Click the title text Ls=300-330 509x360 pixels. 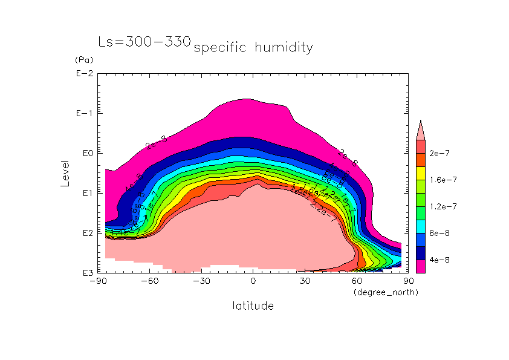tap(144, 42)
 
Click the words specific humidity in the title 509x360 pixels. tap(253, 47)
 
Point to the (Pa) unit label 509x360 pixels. tap(82, 60)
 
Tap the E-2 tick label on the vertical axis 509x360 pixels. tap(83, 74)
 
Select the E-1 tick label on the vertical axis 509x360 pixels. tap(83, 114)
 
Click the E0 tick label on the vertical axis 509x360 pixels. tap(85, 154)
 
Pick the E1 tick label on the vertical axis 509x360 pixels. tap(85, 193)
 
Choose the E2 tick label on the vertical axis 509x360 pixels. tap(85, 233)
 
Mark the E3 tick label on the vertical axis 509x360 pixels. tap(85, 273)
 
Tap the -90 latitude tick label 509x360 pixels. tap(98, 281)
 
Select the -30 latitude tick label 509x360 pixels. tap(202, 281)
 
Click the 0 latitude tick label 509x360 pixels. tap(253, 281)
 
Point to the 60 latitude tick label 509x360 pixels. tap(357, 281)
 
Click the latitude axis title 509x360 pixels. tap(253, 306)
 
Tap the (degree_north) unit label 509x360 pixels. tap(386, 292)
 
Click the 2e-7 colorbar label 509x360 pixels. tap(439, 154)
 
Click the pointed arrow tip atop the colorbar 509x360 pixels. tap(421, 122)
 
